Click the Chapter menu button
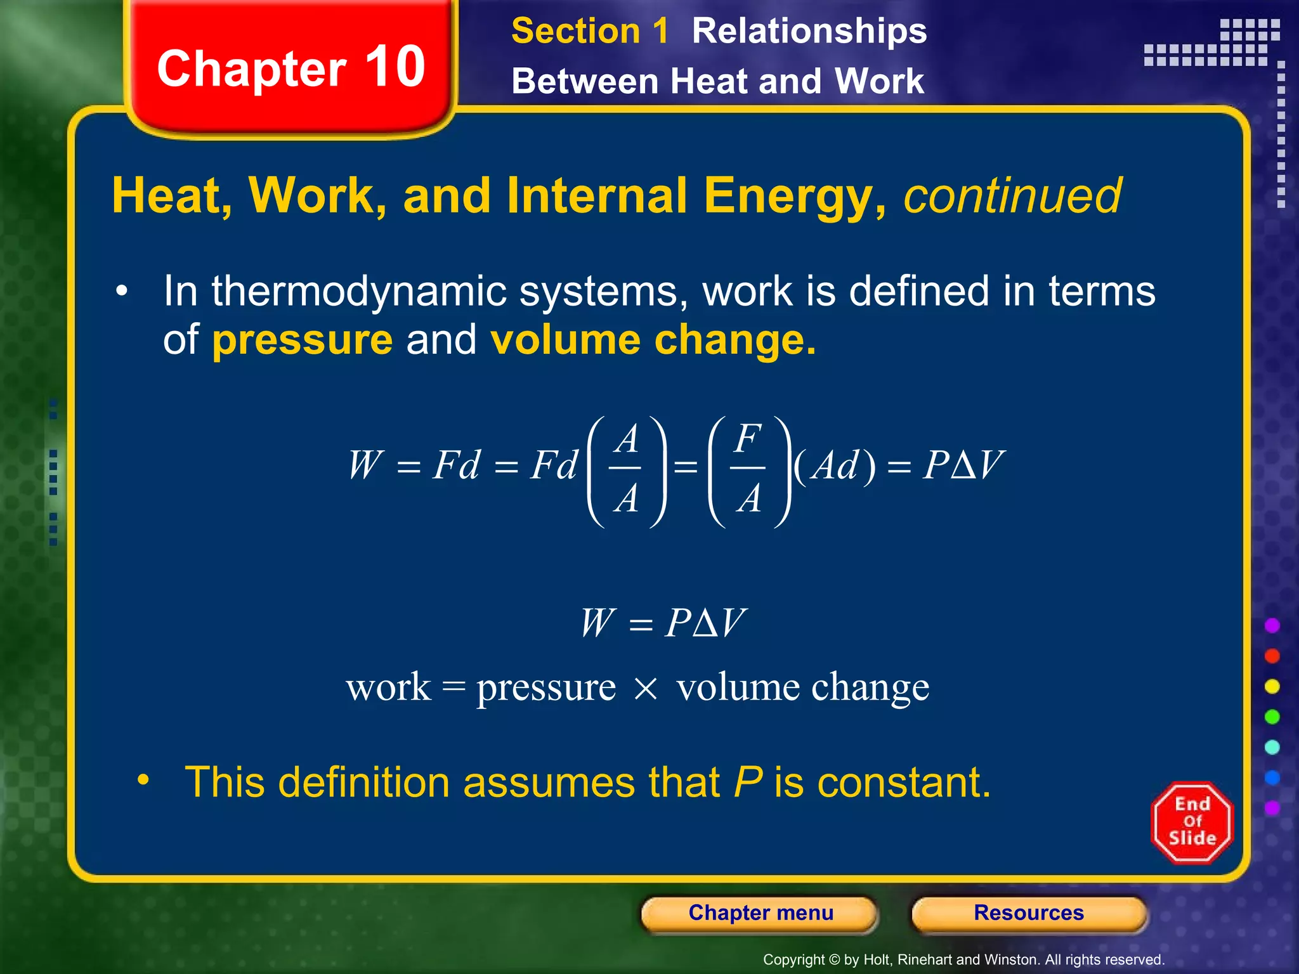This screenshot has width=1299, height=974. (x=760, y=913)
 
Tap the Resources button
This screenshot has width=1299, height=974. (x=1028, y=913)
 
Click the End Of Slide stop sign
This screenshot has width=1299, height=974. (x=1192, y=822)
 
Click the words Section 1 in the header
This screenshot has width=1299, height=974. (x=589, y=31)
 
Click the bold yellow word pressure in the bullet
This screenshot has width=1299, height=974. (x=302, y=340)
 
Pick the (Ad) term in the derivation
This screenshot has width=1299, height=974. (x=835, y=466)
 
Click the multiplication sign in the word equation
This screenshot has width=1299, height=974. (x=646, y=689)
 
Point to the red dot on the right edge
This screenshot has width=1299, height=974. (x=1272, y=656)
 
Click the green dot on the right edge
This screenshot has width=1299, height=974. (x=1272, y=717)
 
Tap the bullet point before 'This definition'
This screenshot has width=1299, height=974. (x=144, y=780)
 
